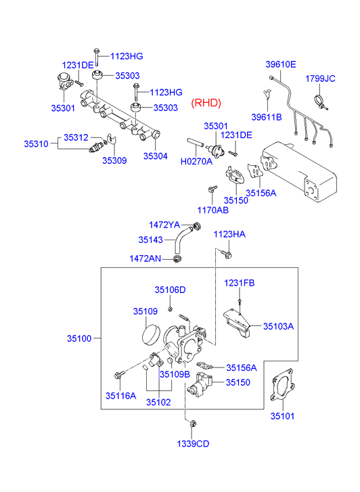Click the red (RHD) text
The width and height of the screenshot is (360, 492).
pos(206,103)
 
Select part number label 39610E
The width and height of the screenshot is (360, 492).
pos(281,64)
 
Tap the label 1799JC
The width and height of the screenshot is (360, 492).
pos(320,79)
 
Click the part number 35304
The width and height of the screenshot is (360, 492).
pos(156,156)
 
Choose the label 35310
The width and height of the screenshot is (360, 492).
pos(36,144)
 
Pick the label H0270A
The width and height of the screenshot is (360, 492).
pos(196,161)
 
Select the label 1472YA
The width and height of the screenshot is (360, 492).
pos(164,225)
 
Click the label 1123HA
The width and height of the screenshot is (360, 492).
pos(229,234)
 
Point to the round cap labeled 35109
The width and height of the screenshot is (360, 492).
pos(151,336)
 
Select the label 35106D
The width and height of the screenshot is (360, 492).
pos(170,290)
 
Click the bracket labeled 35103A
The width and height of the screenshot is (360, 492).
pos(237,323)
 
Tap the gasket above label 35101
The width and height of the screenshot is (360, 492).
pos(282,385)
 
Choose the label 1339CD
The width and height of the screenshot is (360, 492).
pos(193,444)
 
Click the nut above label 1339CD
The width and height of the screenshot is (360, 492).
pos(194,424)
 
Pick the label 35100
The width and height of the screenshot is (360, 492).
pos(79,338)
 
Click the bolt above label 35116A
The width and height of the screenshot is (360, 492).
pos(120,374)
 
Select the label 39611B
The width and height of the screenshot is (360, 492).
pos(267,117)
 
